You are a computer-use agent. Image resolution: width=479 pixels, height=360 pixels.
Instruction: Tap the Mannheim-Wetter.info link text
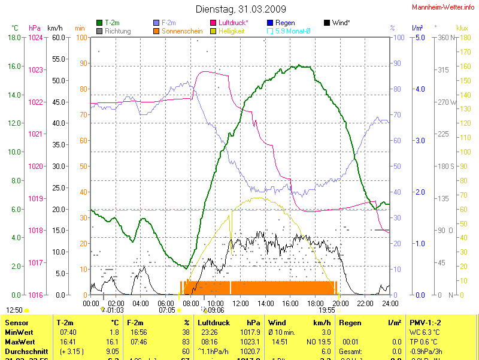(444, 7)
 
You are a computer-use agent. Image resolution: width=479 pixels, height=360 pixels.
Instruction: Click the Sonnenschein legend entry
(183, 31)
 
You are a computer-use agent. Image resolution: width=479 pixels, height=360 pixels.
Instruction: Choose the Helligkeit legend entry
(232, 31)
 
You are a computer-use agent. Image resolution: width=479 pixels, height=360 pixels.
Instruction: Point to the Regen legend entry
(285, 23)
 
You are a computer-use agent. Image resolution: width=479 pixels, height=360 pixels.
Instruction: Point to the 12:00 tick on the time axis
(240, 303)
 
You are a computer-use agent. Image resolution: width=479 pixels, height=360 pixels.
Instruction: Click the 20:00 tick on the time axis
(340, 303)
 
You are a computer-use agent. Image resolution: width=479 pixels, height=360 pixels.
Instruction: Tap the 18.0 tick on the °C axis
(14, 37)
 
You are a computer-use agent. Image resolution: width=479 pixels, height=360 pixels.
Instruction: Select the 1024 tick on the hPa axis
(35, 37)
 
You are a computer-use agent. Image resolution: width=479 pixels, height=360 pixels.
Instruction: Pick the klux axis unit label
(462, 28)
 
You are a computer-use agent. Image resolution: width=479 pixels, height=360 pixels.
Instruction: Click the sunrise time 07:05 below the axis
(167, 310)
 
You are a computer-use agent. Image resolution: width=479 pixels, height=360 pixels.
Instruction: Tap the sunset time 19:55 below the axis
(327, 310)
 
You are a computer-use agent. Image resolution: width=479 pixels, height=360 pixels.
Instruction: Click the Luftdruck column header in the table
(215, 323)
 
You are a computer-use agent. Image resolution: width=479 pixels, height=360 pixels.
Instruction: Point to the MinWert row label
(18, 331)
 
